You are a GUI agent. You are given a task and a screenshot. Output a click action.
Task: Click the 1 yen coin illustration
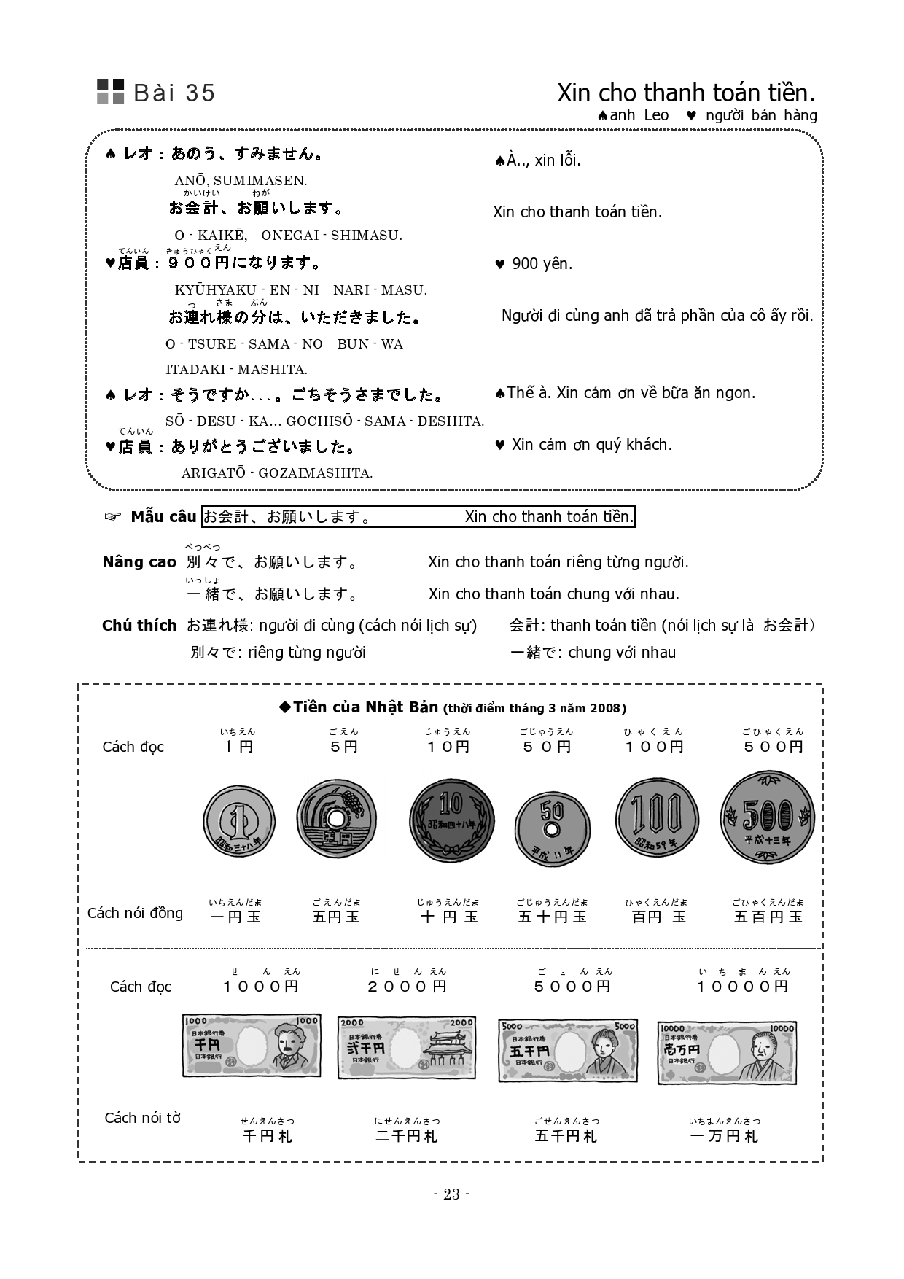pos(238,823)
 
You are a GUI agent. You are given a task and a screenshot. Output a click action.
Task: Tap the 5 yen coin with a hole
pos(336,817)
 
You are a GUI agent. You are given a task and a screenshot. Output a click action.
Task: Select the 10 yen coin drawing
pos(451,820)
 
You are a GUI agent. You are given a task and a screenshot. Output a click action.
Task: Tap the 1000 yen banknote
pos(251,1046)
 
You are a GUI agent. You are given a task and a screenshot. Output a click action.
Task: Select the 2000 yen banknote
pos(407,1047)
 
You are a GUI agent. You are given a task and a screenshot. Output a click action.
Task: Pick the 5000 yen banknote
pos(567,1050)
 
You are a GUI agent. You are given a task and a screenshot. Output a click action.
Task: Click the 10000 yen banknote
pos(727,1052)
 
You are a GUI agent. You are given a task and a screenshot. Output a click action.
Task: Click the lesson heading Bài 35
pos(174,93)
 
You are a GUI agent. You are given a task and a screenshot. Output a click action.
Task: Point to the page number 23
pos(451,1194)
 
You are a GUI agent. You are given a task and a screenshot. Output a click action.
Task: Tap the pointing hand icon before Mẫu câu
pos(112,517)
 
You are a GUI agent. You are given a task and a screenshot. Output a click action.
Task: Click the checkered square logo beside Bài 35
pos(111,91)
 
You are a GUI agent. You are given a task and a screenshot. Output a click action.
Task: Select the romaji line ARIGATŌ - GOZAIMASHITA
pos(277,473)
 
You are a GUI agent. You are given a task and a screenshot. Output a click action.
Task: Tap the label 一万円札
pos(724,1136)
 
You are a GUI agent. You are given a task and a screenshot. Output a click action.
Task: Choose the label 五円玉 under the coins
pos(335,917)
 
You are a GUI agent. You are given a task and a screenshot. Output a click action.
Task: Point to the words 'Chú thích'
pos(139,626)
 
